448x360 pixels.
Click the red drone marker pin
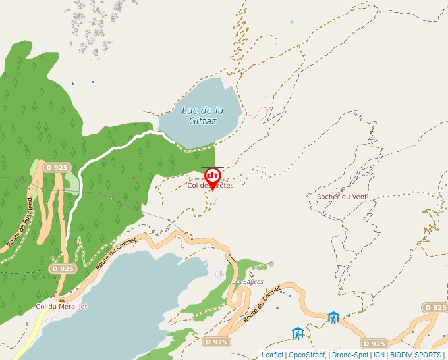point(212,176)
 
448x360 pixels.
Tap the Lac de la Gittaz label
point(202,115)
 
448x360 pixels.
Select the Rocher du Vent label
point(342,196)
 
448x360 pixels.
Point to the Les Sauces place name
point(248,282)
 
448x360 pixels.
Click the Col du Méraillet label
point(61,306)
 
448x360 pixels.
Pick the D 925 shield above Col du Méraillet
point(62,269)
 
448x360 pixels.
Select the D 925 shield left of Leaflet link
point(215,342)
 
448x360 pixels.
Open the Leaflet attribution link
point(272,355)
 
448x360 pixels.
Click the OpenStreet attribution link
point(306,355)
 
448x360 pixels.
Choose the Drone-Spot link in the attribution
point(349,355)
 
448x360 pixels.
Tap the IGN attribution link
point(379,355)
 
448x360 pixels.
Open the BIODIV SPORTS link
point(415,355)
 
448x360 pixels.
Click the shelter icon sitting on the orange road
point(333,318)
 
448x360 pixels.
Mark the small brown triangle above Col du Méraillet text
point(61,299)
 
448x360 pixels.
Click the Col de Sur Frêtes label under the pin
point(211,186)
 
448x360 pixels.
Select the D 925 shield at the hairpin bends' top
point(57,168)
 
